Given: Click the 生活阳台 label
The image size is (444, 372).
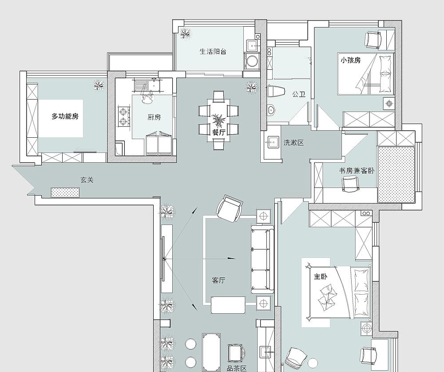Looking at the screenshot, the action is pos(213,52).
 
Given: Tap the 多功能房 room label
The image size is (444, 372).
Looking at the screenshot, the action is pos(65,116).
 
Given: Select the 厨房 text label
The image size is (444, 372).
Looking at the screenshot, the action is pos(154,117).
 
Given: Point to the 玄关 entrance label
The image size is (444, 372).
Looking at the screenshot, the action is pos(87,180).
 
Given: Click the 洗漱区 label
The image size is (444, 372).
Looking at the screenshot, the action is pos(293,143).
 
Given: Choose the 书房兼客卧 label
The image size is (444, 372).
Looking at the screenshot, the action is pos(357,171).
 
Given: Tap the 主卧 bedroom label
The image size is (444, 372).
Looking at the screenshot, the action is pos(321,276).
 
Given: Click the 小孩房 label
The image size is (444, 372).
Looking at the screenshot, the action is pos(351,60).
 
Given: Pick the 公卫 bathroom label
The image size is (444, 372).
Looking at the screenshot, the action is pos(299,94).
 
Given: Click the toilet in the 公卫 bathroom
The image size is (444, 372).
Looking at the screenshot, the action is pos(276,91).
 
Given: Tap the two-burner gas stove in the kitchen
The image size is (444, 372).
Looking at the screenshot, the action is pos(124,116).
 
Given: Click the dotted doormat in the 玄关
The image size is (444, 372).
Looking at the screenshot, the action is pos(65,192).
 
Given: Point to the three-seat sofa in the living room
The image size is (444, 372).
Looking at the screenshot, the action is pos(262,259).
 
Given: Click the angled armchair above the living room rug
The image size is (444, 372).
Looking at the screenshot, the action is pos(230,208).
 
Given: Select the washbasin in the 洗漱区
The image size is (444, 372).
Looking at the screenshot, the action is pos(273,141).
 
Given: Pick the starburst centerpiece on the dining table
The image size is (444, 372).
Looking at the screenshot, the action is pos(218,121).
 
